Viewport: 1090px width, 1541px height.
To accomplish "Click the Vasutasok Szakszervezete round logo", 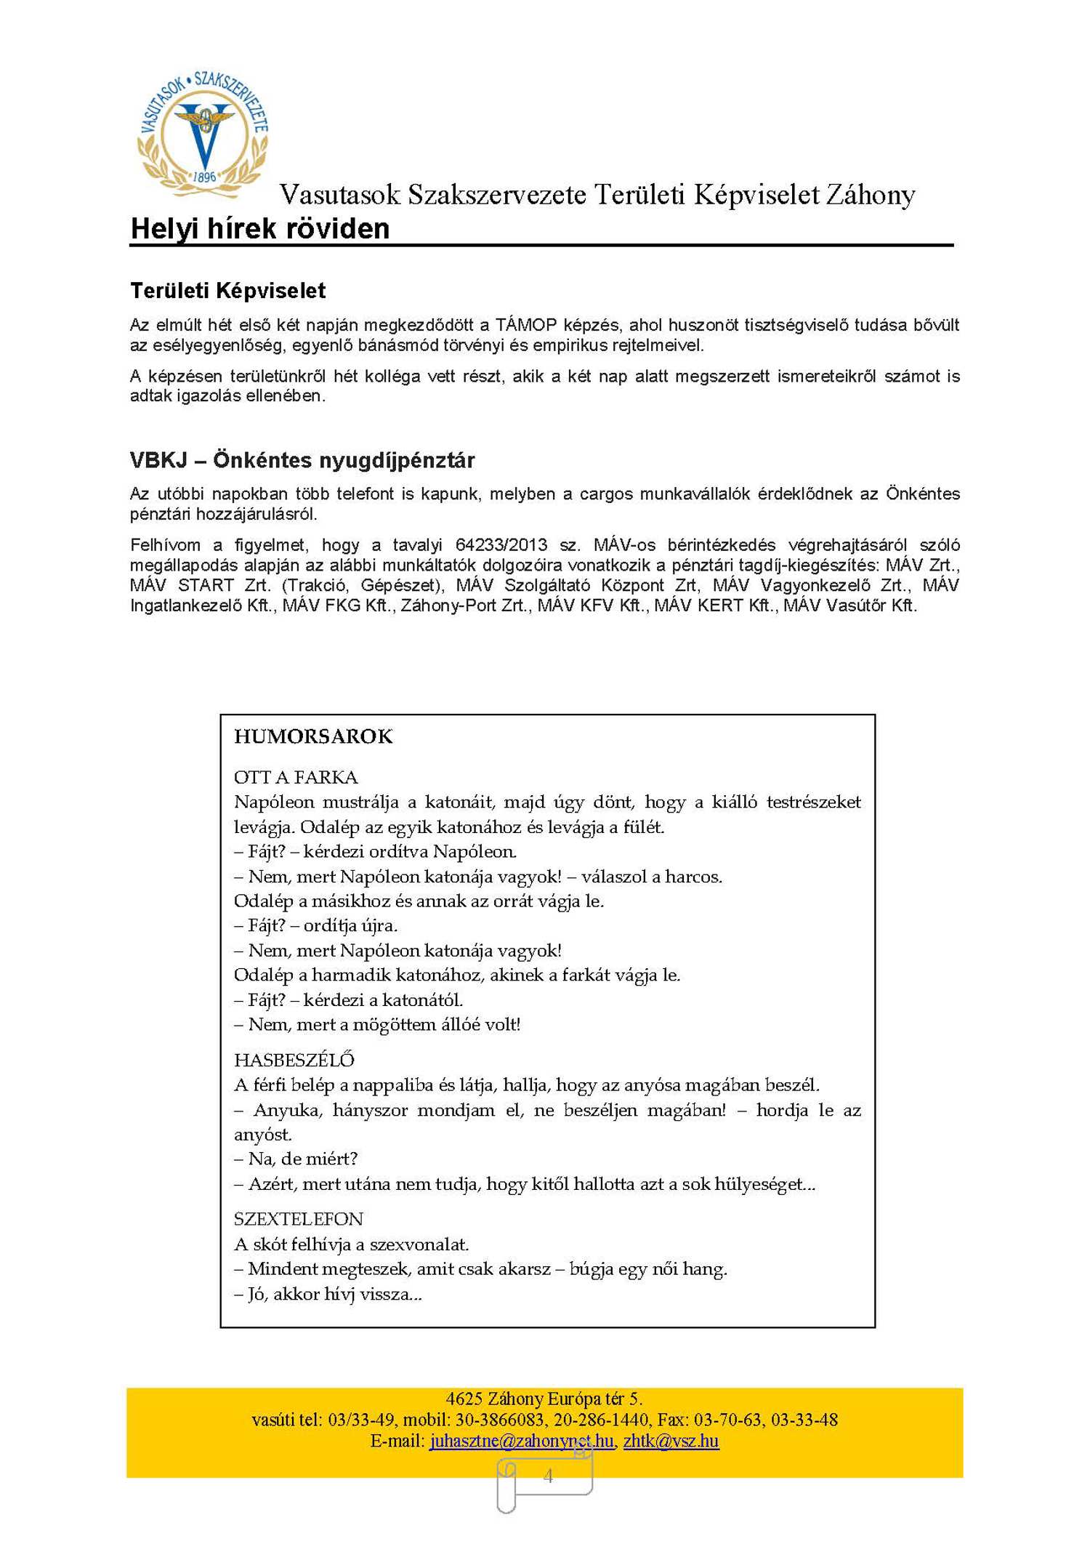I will click(203, 135).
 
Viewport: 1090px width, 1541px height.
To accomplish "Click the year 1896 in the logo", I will click(205, 177).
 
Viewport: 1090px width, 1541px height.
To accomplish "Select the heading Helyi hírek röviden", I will click(259, 229).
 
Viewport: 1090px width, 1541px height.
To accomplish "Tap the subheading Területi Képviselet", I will click(227, 291).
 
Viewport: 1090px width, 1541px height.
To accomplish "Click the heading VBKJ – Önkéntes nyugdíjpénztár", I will click(302, 460).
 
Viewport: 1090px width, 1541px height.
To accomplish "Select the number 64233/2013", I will click(501, 545).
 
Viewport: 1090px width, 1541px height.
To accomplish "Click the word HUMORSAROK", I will click(313, 736).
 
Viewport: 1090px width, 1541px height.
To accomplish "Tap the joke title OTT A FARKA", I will click(296, 777).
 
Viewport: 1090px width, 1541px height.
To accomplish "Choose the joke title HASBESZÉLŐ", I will click(294, 1060).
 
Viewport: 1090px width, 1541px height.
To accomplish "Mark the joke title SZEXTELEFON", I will click(298, 1219).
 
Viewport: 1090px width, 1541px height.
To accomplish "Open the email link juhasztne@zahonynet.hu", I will click(522, 1441).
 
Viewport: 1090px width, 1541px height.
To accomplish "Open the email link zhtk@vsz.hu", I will click(671, 1441).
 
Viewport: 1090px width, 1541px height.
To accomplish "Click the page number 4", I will click(548, 1476).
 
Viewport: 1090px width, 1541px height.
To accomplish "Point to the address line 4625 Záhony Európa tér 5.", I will click(544, 1399).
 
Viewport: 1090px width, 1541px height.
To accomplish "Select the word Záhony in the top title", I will click(870, 195).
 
